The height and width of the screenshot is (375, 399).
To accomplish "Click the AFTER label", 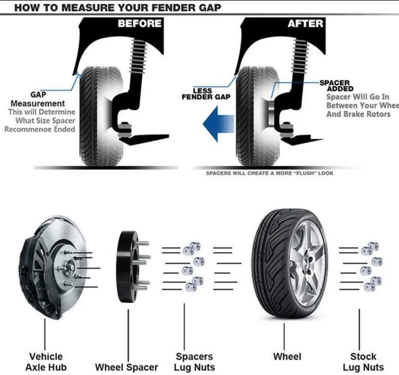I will [x=305, y=24].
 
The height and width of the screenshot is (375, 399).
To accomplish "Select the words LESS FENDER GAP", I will [x=206, y=94].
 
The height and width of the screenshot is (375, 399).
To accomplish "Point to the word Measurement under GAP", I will [x=38, y=103].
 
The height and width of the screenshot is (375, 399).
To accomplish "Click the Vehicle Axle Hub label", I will [x=46, y=362].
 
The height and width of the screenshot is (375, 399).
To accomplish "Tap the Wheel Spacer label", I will [x=126, y=368].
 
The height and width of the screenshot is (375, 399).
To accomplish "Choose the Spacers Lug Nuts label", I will [x=195, y=362].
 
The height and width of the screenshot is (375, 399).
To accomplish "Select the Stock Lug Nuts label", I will [x=363, y=362].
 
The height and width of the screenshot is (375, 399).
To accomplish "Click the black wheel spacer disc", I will [x=127, y=267].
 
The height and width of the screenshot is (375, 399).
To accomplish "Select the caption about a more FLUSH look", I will [x=269, y=174].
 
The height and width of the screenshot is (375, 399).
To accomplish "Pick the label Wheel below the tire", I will [x=287, y=356].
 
